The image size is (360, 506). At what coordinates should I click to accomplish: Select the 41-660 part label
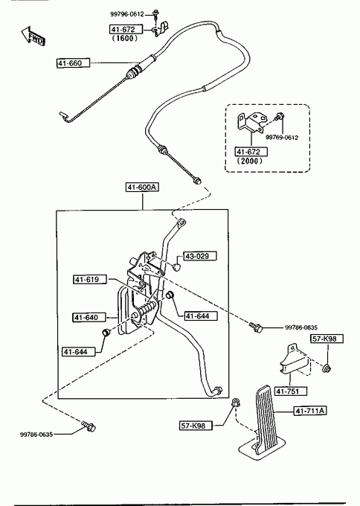coord(73,63)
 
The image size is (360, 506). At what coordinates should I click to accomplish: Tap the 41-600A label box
coord(142,188)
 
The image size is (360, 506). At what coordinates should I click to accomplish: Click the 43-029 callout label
coord(200,256)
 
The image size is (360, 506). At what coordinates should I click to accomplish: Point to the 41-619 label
coord(90,280)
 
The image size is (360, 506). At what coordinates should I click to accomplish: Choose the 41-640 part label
coord(89,318)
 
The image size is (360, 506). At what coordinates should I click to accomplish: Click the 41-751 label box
coord(291,391)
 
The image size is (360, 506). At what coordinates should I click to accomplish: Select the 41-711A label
coord(310,411)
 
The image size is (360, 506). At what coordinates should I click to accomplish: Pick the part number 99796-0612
coord(126,14)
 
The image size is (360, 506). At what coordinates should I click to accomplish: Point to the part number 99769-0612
coord(282,138)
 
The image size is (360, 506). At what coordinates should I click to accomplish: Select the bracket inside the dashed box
coord(251,123)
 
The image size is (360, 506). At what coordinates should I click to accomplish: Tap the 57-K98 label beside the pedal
coord(196,426)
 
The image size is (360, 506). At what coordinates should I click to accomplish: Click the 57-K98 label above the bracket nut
coord(327,339)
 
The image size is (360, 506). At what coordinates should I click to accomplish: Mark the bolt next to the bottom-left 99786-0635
coord(89,426)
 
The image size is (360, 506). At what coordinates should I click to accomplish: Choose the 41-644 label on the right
coord(201,316)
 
